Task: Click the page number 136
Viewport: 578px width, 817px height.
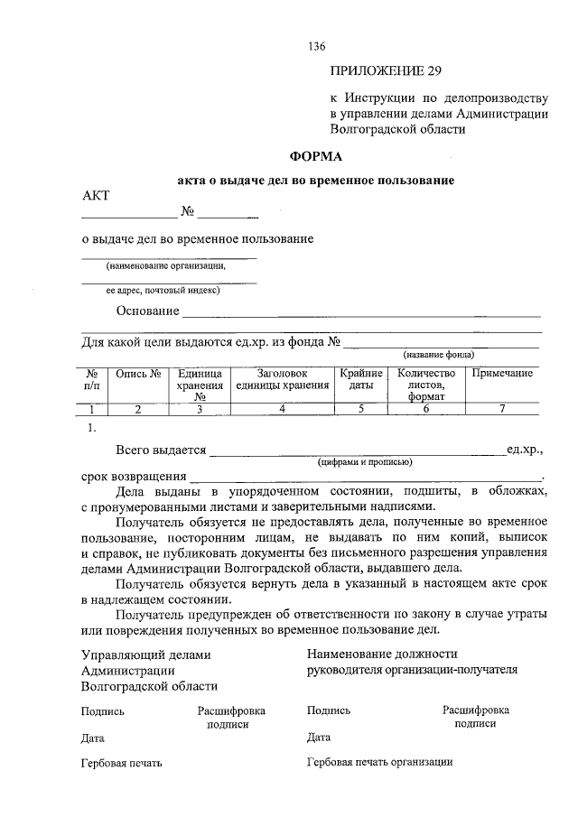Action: [316, 46]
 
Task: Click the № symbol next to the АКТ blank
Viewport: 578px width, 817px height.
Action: [189, 213]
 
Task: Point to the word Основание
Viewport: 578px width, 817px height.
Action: [147, 311]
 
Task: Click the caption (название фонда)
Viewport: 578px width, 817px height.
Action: [439, 355]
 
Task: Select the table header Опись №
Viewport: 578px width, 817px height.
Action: [138, 373]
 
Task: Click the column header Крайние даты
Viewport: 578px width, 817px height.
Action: [361, 379]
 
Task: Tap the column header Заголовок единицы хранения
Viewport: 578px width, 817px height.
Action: [283, 379]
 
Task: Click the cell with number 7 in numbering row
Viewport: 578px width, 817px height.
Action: [502, 409]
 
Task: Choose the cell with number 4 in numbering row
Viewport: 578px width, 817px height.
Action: [283, 409]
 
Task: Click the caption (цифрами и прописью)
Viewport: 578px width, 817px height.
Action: [365, 461]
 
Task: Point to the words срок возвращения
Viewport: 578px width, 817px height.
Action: [134, 475]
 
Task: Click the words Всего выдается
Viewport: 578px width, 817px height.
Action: [161, 450]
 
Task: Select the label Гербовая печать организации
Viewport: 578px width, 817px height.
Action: [379, 762]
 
